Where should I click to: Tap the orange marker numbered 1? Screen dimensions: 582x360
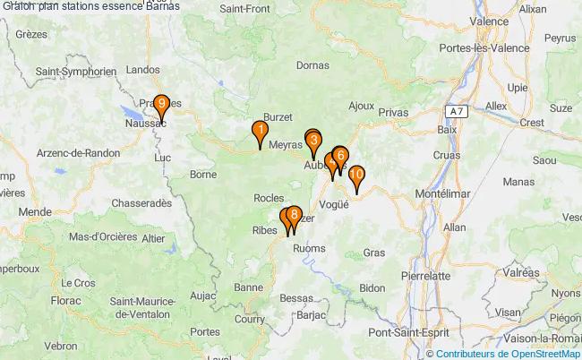coord(260,131)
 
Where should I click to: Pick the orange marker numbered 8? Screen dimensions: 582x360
coord(294,215)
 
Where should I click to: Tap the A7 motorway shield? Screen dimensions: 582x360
coord(457,111)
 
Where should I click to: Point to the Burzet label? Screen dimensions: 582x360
coord(278,116)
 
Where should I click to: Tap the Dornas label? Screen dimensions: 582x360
coord(312,65)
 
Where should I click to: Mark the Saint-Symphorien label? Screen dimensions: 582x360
coord(75,71)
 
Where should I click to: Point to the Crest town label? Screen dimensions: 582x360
coord(531,123)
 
